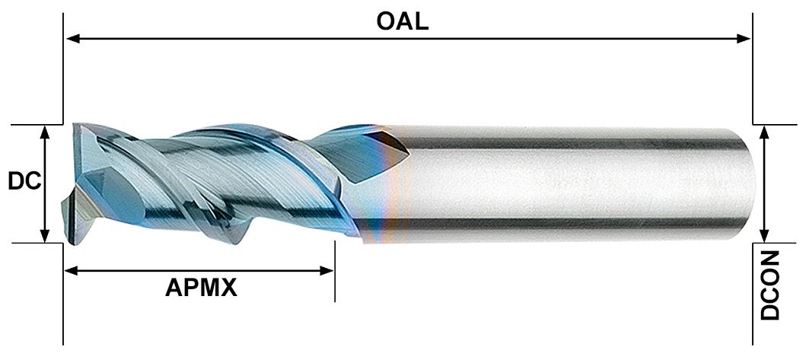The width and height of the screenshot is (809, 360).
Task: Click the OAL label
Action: coord(402,21)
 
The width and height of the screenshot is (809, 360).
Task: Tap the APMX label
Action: coord(201,288)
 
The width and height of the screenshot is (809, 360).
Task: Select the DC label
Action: coord(23,183)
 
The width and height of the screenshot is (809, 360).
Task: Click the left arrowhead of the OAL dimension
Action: coord(72,37)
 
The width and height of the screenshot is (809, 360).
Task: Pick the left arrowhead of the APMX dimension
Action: coord(70,270)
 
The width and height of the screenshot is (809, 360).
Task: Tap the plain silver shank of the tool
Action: coord(571,183)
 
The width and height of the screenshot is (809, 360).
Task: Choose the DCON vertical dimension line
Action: coord(766,183)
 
